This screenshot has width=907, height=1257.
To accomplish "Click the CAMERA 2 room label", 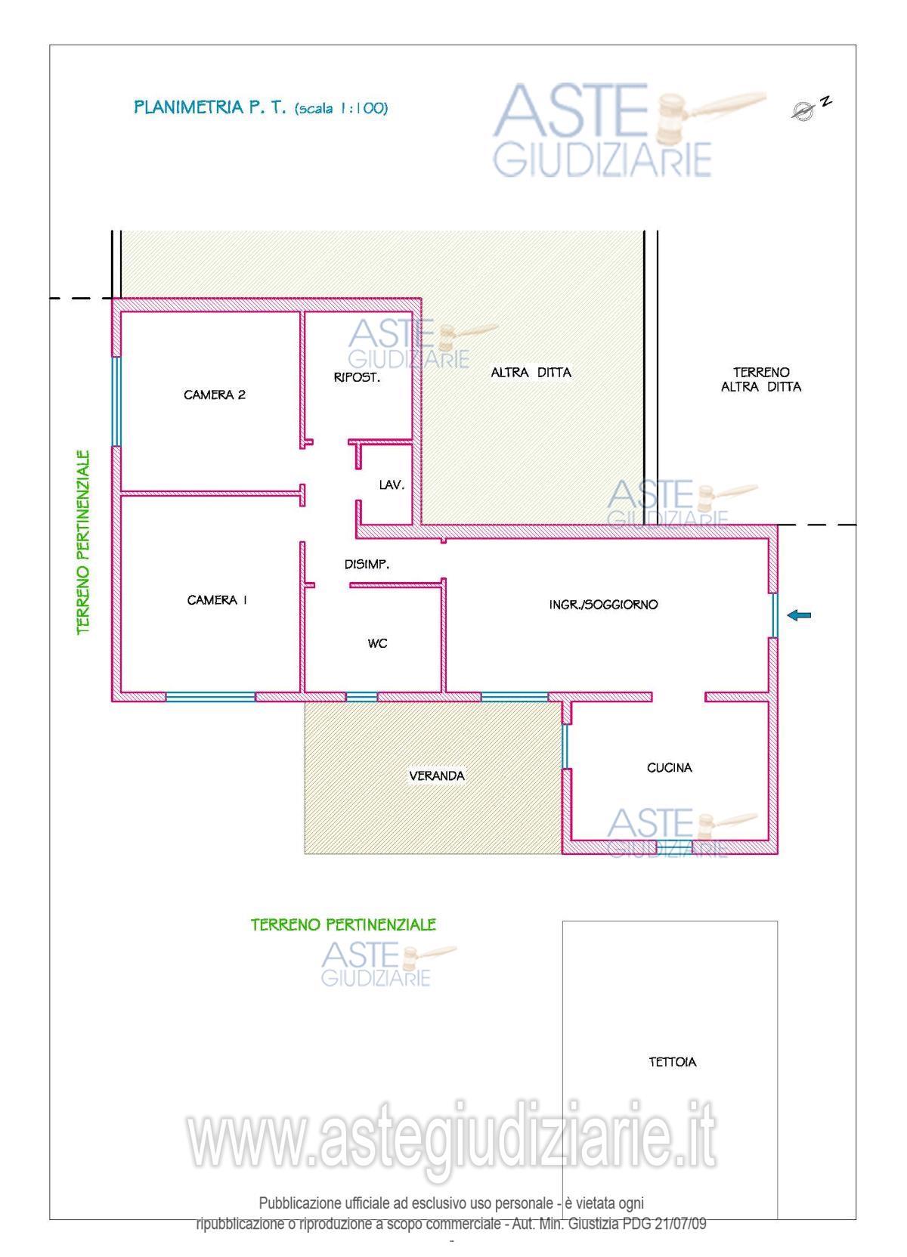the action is (x=215, y=395).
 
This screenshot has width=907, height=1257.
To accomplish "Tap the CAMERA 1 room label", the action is (x=217, y=600).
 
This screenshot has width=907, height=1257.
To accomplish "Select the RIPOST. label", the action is (x=357, y=378).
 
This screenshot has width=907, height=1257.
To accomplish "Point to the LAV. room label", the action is (x=392, y=485).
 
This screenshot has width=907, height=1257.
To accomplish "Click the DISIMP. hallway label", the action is (x=367, y=565).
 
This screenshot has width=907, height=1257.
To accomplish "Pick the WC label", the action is (x=378, y=644).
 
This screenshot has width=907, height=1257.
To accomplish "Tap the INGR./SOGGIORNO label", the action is (x=603, y=605).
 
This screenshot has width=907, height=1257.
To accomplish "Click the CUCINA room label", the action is (x=669, y=768).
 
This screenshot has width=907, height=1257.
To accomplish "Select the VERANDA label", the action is (x=437, y=776).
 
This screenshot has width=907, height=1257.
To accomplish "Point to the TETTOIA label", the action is (x=673, y=1062).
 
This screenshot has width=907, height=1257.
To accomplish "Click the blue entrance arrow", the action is (x=799, y=615).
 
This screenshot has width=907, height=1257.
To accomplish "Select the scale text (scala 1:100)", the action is (x=341, y=108).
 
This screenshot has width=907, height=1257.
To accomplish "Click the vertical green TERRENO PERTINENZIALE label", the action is (x=83, y=543).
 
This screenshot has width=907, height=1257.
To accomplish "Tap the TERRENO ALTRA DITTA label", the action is (x=761, y=379).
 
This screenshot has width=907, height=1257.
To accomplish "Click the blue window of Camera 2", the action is (x=116, y=402).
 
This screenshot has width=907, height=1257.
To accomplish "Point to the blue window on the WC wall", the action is (x=361, y=697).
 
